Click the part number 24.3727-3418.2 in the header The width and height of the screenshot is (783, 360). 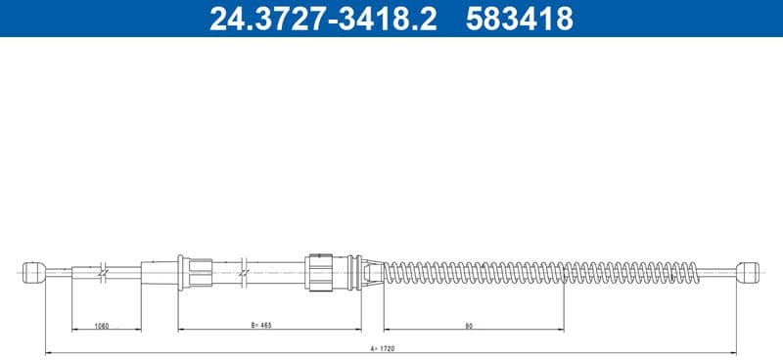click(x=322, y=19)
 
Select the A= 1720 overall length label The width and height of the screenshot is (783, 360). click(x=390, y=345)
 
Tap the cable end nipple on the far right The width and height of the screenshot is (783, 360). click(x=749, y=271)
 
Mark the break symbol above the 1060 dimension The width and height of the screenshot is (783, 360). click(x=103, y=271)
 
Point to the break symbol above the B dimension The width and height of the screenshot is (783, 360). click(x=245, y=271)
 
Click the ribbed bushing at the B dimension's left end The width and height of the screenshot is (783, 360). click(x=195, y=271)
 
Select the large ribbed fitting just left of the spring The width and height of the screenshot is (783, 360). click(x=321, y=271)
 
